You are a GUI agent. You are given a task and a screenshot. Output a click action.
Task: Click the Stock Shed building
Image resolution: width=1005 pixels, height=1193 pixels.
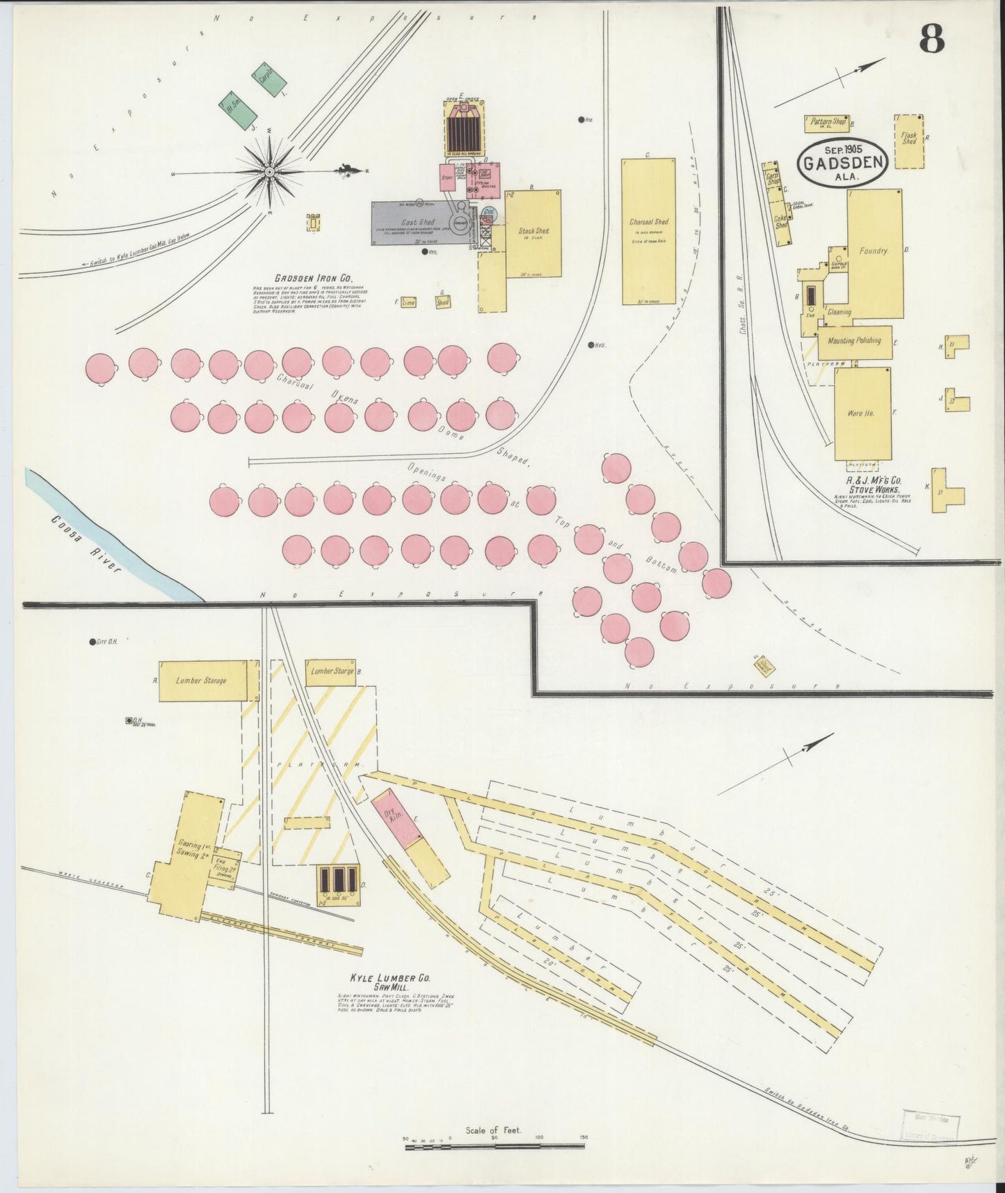click(x=533, y=233)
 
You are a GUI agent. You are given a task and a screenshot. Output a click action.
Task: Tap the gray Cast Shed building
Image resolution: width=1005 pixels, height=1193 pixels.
click(x=417, y=223)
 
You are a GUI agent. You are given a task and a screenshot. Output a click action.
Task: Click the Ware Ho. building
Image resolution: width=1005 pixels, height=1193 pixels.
click(x=862, y=413)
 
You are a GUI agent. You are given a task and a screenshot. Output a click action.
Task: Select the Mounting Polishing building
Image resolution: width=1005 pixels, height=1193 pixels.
click(x=854, y=341)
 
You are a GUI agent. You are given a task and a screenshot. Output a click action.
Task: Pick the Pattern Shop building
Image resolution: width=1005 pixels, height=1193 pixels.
click(x=828, y=123)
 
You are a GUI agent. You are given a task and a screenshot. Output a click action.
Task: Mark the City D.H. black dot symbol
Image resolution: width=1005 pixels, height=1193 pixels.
click(x=92, y=642)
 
